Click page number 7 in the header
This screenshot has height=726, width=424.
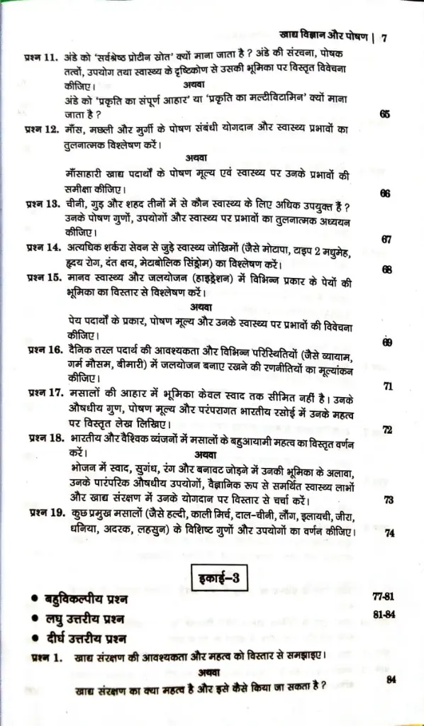click(x=384, y=38)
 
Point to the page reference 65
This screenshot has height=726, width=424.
click(x=385, y=114)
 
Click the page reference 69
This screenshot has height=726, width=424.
click(x=387, y=342)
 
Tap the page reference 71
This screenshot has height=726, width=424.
click(x=388, y=386)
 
